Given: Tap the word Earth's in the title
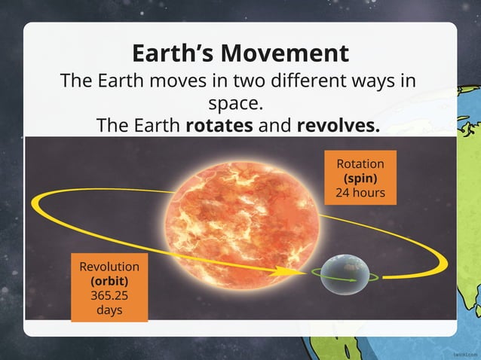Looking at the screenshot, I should click(x=171, y=53).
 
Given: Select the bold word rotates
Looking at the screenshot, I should click(x=219, y=125).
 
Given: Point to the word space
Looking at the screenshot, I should click(x=239, y=102).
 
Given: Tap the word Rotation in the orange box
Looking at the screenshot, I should click(x=360, y=164).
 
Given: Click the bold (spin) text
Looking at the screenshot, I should click(x=360, y=178).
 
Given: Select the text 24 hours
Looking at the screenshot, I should click(x=360, y=193).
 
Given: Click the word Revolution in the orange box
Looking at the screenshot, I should click(x=109, y=267).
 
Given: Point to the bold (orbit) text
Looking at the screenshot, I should click(x=109, y=281).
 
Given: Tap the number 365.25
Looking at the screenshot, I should click(x=109, y=295).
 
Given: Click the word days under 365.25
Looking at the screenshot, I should click(x=109, y=310).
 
